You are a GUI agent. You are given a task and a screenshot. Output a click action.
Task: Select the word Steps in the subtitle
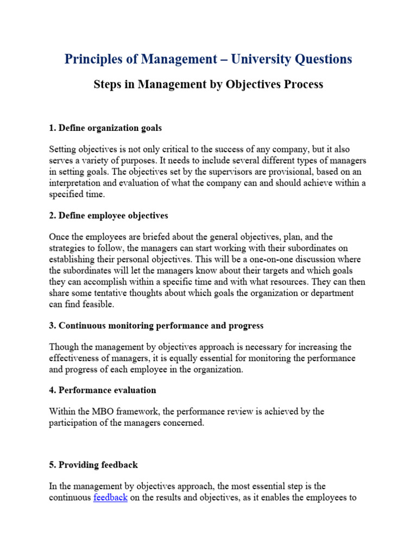pos(108,85)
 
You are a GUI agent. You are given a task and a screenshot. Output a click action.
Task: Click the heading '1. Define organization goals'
pos(105,128)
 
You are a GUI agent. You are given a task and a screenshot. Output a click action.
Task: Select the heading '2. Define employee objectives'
pos(109,216)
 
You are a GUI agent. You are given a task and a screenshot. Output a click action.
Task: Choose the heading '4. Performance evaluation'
pos(103,390)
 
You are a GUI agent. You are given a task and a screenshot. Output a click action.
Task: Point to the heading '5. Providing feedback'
pos(93,465)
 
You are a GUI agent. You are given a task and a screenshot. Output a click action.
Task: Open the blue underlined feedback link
pos(111,498)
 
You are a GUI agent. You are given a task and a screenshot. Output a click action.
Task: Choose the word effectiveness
pos(75,358)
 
